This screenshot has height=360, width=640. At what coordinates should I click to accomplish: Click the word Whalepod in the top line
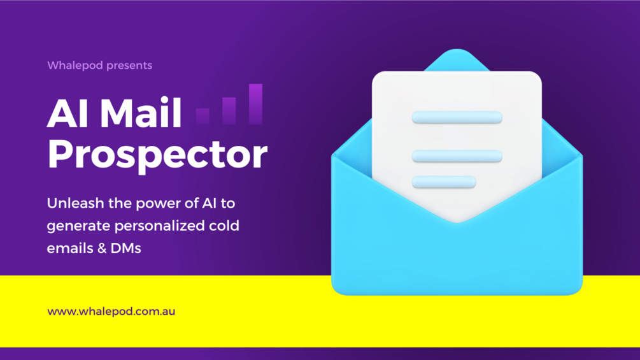[72, 65]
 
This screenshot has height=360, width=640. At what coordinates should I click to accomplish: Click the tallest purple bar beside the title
[255, 104]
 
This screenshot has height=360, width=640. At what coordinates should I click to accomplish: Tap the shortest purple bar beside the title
[203, 116]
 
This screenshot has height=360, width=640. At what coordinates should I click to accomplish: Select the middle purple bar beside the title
[229, 110]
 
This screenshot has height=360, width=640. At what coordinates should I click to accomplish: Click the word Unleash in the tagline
[71, 204]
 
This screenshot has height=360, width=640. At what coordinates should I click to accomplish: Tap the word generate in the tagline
[76, 226]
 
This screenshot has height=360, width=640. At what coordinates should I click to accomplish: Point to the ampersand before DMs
[102, 248]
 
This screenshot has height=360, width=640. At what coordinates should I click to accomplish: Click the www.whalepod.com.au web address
[111, 312]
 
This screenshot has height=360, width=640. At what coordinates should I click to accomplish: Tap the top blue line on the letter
[457, 118]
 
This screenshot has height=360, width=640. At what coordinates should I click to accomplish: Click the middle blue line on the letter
[457, 155]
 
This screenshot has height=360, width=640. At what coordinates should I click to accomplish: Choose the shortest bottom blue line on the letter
[444, 182]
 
